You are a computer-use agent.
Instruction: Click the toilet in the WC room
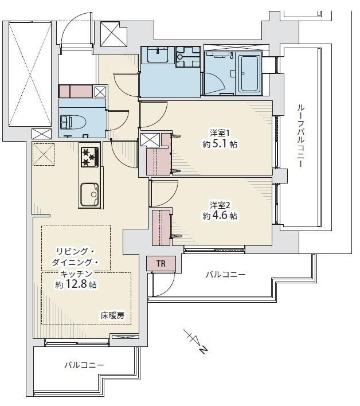click(x=74, y=122)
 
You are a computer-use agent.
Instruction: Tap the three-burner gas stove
click(x=90, y=157)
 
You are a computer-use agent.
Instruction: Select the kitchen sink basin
click(x=89, y=194)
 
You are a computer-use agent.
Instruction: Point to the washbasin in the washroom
click(x=158, y=54)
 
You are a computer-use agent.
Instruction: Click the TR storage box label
click(x=161, y=264)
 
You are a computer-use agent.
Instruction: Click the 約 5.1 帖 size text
click(x=220, y=144)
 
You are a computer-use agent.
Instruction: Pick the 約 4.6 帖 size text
click(x=220, y=216)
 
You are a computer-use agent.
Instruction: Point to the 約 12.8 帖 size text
click(x=76, y=284)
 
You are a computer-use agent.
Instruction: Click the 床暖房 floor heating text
click(x=112, y=315)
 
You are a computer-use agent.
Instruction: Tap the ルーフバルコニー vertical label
click(x=300, y=136)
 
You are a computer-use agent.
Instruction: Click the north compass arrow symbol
click(x=196, y=341)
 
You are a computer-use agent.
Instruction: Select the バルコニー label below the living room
click(x=84, y=365)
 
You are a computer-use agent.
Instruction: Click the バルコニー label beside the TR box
click(x=225, y=274)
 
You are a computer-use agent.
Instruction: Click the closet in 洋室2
click(x=161, y=228)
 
